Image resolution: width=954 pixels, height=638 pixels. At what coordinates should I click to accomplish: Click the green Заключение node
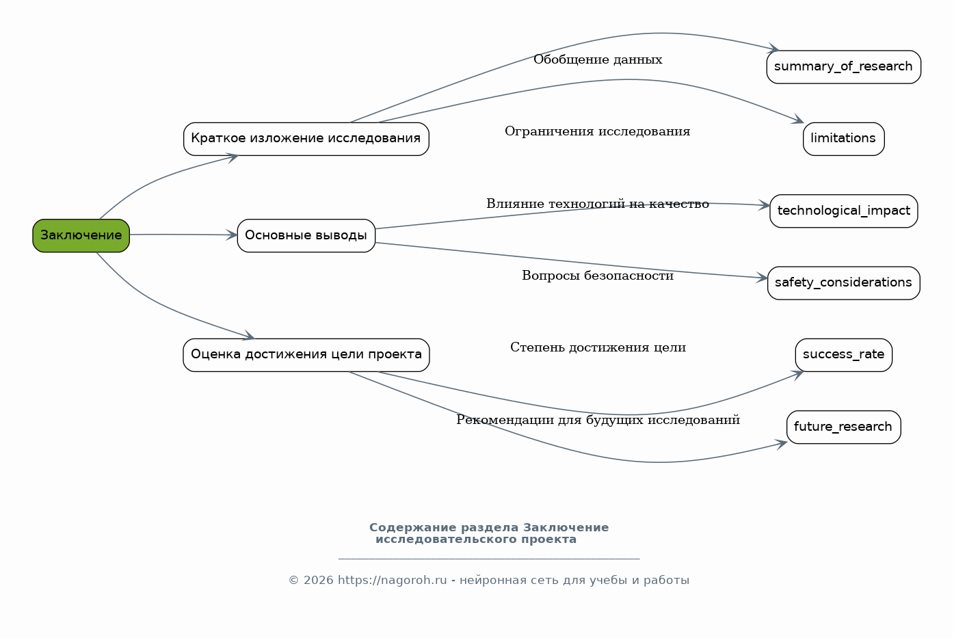pos(81,235)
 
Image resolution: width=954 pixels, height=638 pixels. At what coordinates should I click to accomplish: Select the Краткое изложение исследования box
pos(306,139)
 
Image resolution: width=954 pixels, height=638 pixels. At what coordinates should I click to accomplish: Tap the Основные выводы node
pos(306,235)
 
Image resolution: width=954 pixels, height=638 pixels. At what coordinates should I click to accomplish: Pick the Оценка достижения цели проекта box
pos(306,355)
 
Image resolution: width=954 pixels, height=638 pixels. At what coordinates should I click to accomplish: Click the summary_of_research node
pos(843,67)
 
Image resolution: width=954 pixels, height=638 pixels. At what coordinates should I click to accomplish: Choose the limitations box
pos(843,139)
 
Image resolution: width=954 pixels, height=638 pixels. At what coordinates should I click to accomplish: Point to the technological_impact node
pos(843,211)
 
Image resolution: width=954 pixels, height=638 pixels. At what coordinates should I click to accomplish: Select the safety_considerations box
pos(843,283)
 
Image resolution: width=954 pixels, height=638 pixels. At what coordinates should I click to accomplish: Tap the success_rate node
pos(843,355)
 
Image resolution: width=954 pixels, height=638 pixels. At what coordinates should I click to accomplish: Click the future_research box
pos(843,427)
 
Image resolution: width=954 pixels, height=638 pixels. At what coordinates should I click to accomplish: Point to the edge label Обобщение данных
pos(598,59)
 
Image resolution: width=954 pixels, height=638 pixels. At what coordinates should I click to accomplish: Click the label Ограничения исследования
pos(598,131)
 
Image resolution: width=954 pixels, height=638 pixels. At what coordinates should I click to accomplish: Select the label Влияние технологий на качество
pos(598,204)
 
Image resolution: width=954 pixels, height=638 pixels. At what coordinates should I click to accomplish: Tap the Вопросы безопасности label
pos(598,276)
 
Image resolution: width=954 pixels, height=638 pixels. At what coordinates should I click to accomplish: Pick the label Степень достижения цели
pos(598,347)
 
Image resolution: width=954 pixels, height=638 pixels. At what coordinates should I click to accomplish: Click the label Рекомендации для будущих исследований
pos(598,420)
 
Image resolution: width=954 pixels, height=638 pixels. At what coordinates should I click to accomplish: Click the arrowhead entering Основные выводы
pos(232,235)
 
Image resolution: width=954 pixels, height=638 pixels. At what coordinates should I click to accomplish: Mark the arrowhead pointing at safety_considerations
pos(763,278)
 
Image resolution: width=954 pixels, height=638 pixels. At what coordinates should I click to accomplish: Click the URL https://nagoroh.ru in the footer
pos(393,580)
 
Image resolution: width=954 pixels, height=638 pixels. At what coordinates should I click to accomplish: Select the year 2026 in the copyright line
pos(318,580)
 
